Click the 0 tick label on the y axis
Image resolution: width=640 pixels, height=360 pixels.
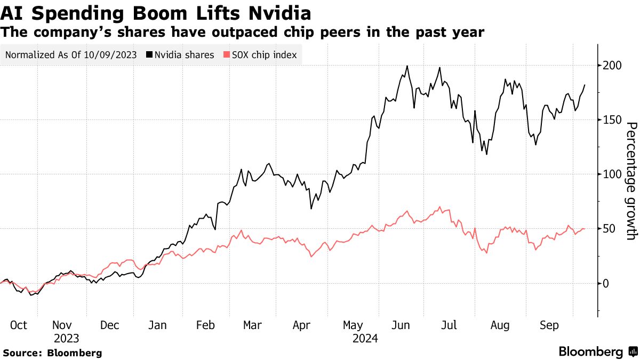(606, 283)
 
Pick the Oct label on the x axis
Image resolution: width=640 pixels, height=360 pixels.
(18, 325)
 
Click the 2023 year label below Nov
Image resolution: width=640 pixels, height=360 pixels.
(66, 338)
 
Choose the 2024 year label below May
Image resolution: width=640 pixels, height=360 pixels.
(365, 338)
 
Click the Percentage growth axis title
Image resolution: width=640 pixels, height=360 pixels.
(631, 181)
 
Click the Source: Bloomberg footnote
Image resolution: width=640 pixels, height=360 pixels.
(52, 353)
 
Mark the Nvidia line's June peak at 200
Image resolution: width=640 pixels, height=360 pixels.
(407, 66)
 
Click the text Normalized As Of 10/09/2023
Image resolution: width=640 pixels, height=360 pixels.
(70, 55)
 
